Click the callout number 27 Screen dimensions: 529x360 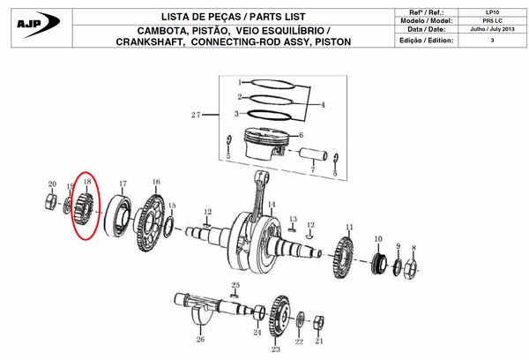(x=196, y=116)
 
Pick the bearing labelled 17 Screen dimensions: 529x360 (x=118, y=217)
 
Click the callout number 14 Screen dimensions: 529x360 (x=272, y=205)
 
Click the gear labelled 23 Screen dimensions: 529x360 (x=281, y=314)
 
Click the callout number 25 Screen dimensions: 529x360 (x=235, y=285)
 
